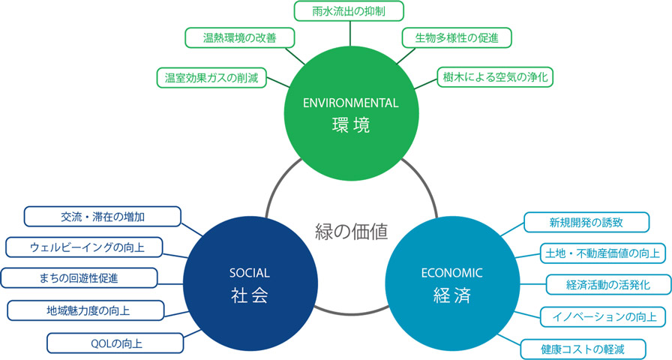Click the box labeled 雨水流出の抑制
coord(349,11)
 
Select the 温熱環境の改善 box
coord(239,37)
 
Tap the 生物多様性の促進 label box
coord(457,37)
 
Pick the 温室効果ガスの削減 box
coord(211,77)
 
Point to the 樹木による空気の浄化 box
coord(495,77)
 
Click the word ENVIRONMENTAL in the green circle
coord(350,103)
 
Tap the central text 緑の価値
coord(352,231)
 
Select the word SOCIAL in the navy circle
coord(250,273)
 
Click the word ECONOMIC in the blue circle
coord(451,273)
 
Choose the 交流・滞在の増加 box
coord(103,217)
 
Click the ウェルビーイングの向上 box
coord(84,247)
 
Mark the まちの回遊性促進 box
coord(79,278)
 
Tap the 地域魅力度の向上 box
coord(85,310)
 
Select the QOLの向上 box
coord(115,343)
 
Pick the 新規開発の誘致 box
coord(586,223)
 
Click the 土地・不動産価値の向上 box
coord(603,253)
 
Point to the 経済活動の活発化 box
coord(608,284)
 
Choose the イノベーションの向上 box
coord(603,316)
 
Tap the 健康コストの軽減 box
coord(583,349)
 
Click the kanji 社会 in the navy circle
coord(250,295)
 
